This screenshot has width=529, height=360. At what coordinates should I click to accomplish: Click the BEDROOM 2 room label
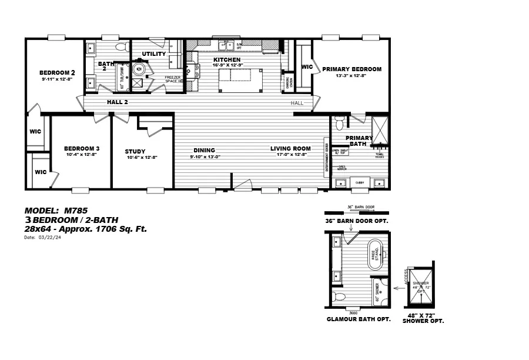[x=58, y=72]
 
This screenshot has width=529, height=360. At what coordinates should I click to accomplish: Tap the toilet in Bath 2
[x=122, y=46]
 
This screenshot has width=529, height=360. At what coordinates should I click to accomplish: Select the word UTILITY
[x=154, y=54]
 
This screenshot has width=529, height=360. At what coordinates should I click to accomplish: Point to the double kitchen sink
[x=226, y=45]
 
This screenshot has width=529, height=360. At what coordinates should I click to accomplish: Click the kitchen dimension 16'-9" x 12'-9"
[x=227, y=65]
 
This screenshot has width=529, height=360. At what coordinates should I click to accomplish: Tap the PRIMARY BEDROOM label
[x=351, y=69]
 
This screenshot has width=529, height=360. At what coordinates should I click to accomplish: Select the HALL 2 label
[x=118, y=102]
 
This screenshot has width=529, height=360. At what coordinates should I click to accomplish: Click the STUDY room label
[x=135, y=151]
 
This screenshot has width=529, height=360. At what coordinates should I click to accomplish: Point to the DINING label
[x=204, y=150]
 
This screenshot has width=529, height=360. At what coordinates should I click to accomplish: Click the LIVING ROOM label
[x=290, y=148]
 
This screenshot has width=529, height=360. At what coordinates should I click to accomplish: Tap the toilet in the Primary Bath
[x=339, y=124]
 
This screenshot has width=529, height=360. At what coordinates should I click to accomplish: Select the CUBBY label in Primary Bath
[x=360, y=183]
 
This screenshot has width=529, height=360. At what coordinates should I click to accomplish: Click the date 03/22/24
[x=51, y=238]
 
